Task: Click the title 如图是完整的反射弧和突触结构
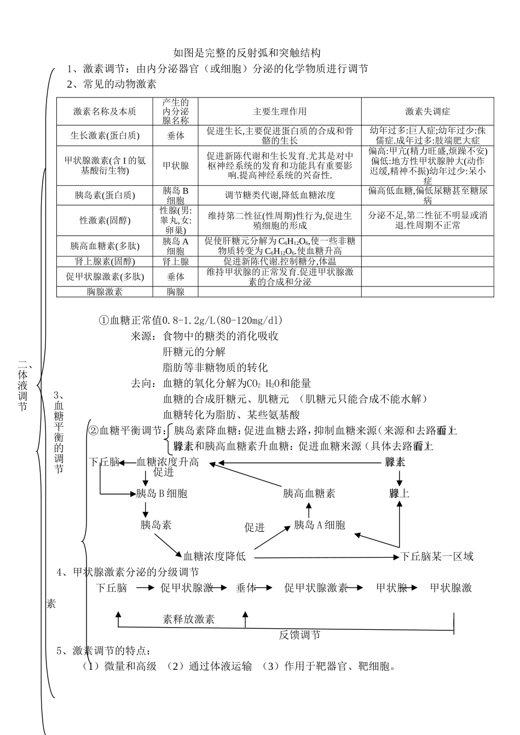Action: tap(246, 53)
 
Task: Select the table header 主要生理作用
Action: tap(280, 112)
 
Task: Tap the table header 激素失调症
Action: tap(427, 112)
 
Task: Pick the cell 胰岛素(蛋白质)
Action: tap(105, 196)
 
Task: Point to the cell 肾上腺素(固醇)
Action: tap(105, 262)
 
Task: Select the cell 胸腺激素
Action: tap(105, 292)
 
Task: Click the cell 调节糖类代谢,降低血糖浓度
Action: tap(280, 196)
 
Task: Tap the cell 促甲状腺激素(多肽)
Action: tap(105, 277)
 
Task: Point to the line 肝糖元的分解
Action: tap(194, 352)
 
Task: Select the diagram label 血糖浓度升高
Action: tap(167, 463)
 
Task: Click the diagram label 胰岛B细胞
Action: tap(161, 493)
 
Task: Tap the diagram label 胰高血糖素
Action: tap(309, 493)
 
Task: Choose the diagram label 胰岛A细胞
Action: tap(320, 525)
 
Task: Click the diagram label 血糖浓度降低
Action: tap(215, 556)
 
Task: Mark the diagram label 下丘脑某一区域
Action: tap(437, 556)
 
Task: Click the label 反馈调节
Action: tap(299, 635)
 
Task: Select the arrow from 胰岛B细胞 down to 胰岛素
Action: tap(145, 509)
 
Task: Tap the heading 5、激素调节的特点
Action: tap(103, 651)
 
